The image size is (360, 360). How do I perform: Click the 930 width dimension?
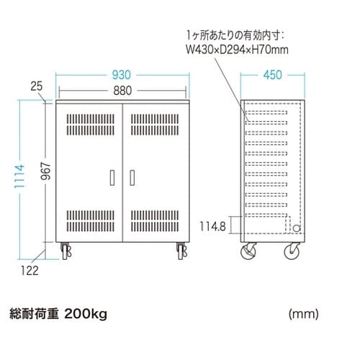(122, 75)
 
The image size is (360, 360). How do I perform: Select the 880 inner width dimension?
(122, 91)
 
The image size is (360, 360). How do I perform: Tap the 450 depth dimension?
(273, 75)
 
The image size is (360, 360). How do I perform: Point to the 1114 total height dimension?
(19, 176)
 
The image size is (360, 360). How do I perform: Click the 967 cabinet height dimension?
(46, 171)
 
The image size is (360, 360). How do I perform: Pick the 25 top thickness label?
(37, 86)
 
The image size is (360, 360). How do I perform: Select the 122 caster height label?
(30, 271)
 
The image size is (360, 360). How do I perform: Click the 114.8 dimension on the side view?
(213, 226)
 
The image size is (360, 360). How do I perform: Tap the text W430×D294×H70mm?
(237, 50)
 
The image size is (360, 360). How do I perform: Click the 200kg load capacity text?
(86, 314)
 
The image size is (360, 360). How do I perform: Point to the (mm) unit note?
(304, 314)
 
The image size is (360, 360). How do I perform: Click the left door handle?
(112, 178)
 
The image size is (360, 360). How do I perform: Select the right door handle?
(132, 178)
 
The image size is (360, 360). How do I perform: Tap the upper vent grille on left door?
(91, 125)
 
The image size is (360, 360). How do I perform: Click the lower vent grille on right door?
(155, 221)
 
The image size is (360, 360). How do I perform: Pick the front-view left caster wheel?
(66, 251)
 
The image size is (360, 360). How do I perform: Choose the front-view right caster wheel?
(181, 251)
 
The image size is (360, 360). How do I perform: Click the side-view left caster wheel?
(248, 251)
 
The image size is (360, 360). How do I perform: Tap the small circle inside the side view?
(297, 228)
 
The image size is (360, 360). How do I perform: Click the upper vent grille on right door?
(155, 125)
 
